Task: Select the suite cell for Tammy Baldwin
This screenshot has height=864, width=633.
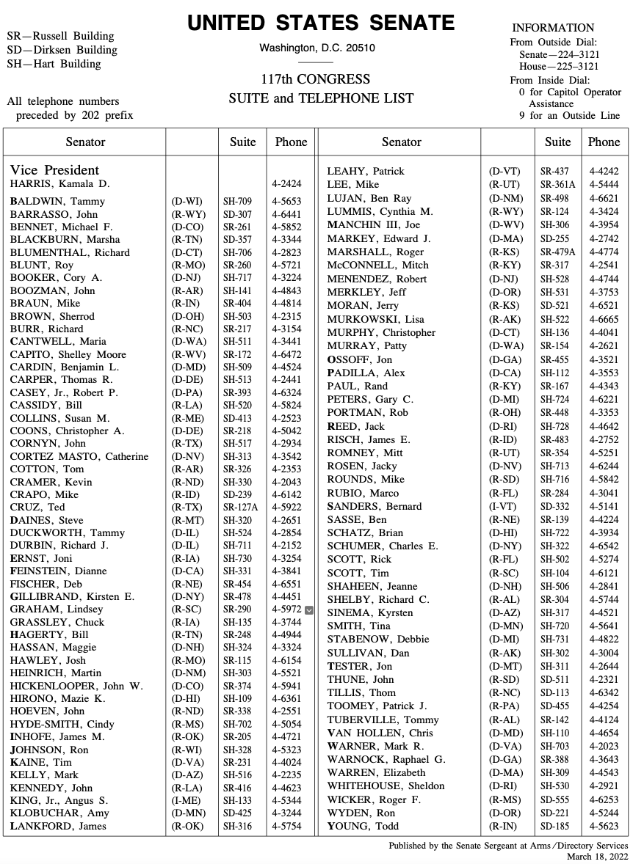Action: tap(237, 201)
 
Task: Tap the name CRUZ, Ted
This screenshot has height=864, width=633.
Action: tap(37, 508)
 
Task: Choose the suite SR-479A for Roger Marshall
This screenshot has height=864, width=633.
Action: tap(557, 252)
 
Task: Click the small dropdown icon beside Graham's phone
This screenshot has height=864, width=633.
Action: tap(308, 609)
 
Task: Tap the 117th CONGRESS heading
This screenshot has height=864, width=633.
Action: tap(316, 79)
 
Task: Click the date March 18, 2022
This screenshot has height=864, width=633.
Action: tap(597, 856)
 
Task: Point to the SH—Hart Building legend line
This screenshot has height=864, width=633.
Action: tap(54, 64)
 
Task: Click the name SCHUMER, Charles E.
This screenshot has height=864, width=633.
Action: tap(383, 546)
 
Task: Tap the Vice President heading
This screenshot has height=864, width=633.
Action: tap(55, 170)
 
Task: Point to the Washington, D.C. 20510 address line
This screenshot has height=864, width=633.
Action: tap(316, 48)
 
